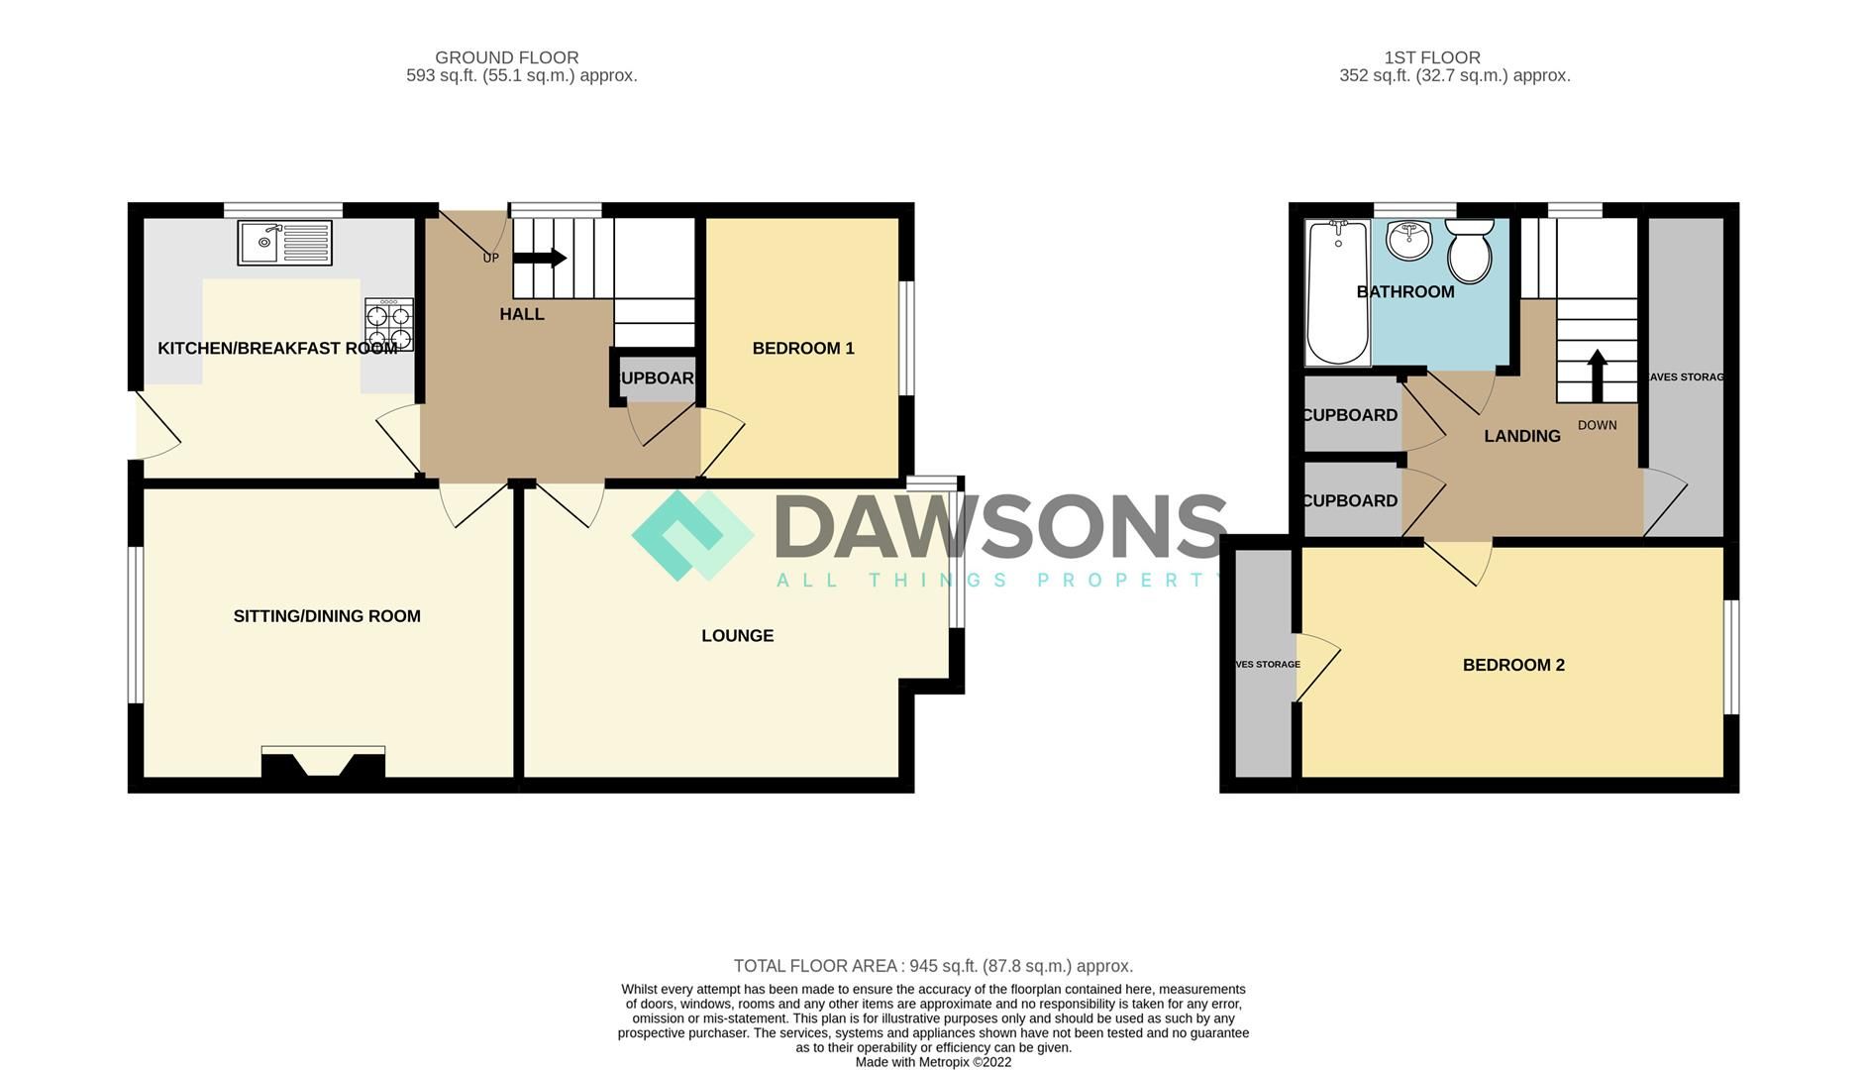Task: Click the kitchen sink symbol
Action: [284, 242]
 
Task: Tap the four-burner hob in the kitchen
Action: [388, 326]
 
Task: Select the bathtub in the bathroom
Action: [1337, 292]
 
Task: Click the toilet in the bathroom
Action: [1470, 252]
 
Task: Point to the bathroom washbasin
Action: [1407, 240]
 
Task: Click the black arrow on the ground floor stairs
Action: [540, 259]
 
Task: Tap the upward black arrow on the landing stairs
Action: [1597, 374]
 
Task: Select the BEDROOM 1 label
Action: [802, 348]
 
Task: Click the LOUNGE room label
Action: [737, 635]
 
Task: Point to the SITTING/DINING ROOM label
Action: [327, 615]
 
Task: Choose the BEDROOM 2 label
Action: [1512, 665]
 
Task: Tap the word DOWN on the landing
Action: [1597, 425]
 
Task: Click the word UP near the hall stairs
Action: [490, 259]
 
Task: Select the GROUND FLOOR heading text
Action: [506, 57]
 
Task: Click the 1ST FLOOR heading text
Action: [1431, 57]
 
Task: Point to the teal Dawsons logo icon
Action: [692, 535]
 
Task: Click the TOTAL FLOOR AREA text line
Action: [932, 966]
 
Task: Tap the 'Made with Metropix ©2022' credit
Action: [933, 1062]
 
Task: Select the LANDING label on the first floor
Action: [1521, 436]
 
